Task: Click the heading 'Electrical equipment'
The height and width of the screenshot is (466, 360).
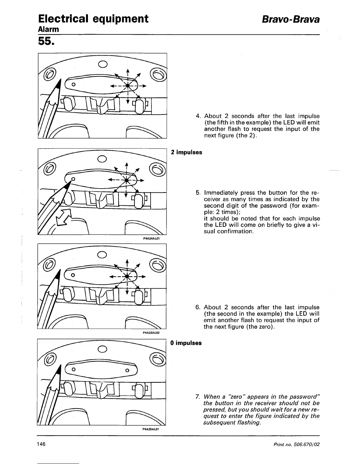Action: coord(93,19)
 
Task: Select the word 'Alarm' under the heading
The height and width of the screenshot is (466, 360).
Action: coord(49,29)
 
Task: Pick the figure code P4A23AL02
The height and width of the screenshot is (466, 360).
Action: coord(151,333)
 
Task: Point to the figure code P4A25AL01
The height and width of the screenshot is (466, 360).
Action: coord(151,429)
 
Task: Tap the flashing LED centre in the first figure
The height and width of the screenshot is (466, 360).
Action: coord(128,86)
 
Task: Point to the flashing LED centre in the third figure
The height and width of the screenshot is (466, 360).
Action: coord(127,276)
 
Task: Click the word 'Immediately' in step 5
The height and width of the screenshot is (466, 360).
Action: coord(221,193)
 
